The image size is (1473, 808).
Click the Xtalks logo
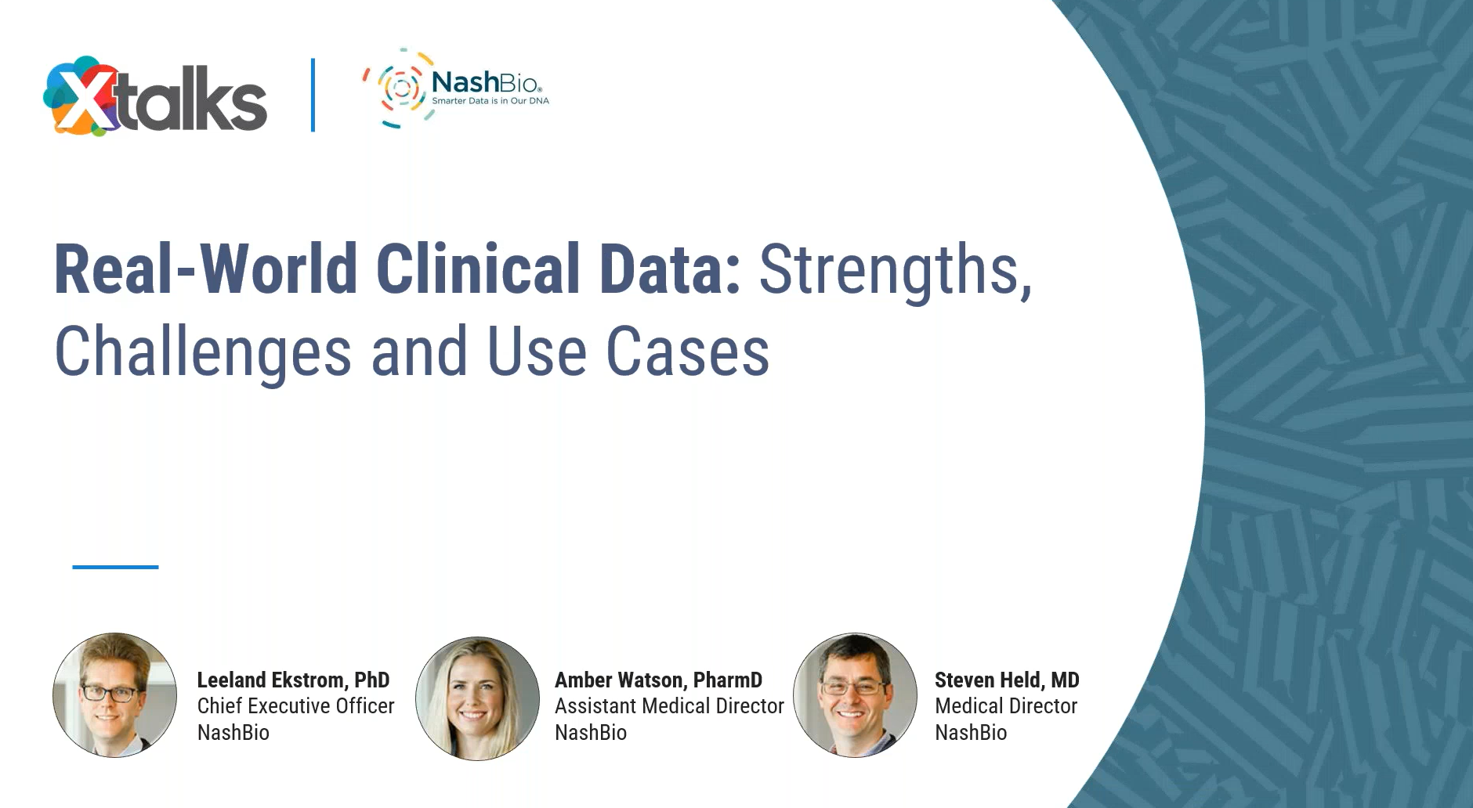pos(155,96)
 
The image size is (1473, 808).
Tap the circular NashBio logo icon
pos(399,88)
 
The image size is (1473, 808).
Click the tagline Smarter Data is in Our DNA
pos(490,101)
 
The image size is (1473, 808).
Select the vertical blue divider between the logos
pos(313,95)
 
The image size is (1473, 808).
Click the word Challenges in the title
pos(203,352)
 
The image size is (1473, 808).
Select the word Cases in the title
pos(688,352)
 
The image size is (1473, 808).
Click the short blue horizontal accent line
pos(115,567)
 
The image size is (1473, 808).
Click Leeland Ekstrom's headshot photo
pos(115,695)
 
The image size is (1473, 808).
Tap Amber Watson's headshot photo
pos(477,698)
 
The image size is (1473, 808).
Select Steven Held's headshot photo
pos(856,695)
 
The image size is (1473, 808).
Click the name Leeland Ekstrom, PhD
pos(293,680)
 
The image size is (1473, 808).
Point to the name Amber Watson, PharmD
pos(658,680)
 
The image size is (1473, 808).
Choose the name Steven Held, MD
pos(1007,680)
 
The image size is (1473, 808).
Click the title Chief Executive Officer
pos(295,706)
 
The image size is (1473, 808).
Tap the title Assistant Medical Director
pos(669,706)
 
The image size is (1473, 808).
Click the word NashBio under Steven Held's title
pos(971,733)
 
